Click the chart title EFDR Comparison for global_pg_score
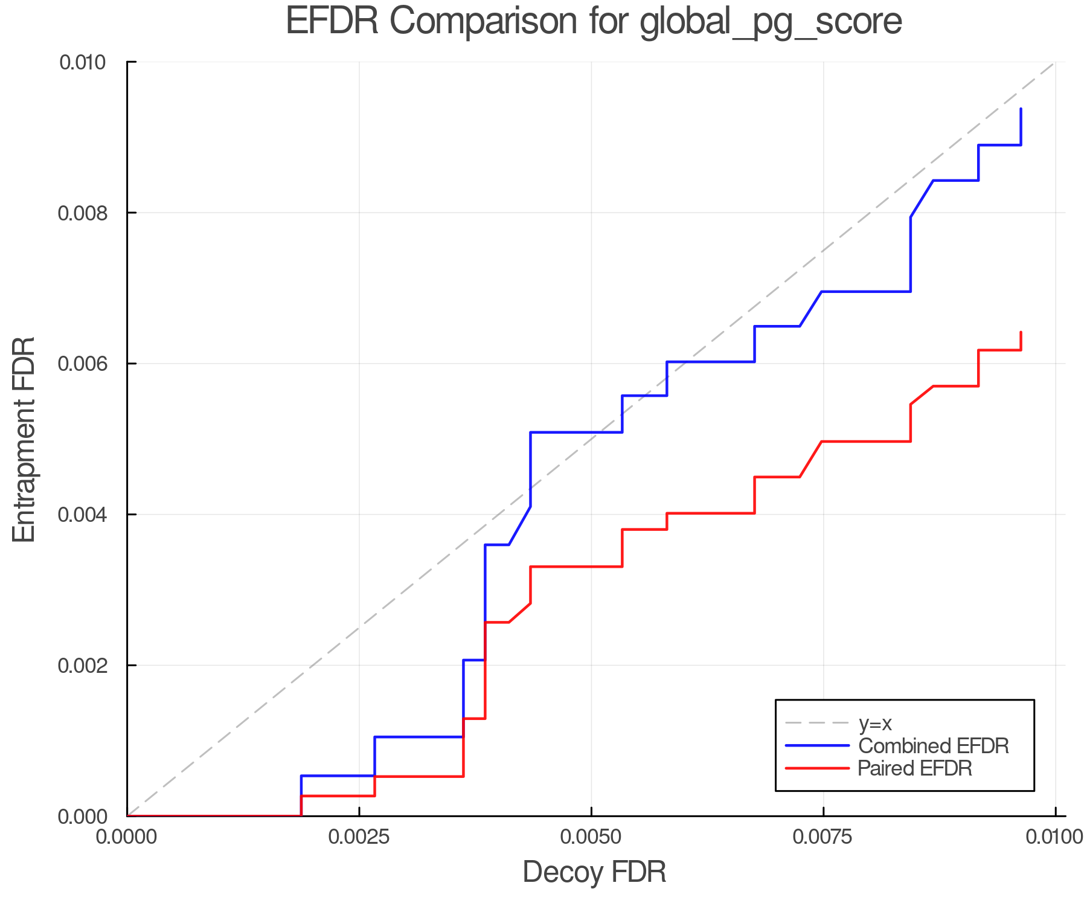click(x=594, y=22)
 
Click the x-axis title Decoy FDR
click(x=594, y=872)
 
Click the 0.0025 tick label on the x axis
click(x=359, y=837)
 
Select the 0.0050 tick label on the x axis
click(x=591, y=837)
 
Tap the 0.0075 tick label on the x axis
click(x=823, y=837)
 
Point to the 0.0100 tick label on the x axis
click(x=1054, y=837)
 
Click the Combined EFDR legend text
click(x=933, y=746)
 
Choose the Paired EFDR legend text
click(x=914, y=768)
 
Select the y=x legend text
click(x=875, y=723)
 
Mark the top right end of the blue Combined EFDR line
click(x=1021, y=109)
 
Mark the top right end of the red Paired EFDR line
click(x=1021, y=332)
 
